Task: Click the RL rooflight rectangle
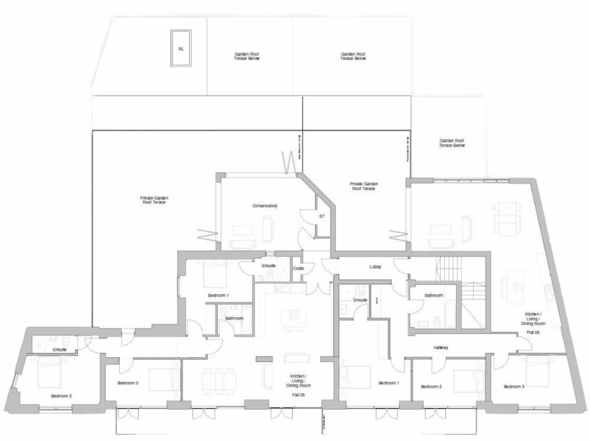[x=181, y=49]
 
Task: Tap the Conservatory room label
[x=265, y=205]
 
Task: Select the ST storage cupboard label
[x=322, y=216]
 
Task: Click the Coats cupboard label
[x=298, y=268]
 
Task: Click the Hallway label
[x=441, y=348]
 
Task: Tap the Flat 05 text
[x=298, y=395]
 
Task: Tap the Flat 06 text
[x=532, y=332]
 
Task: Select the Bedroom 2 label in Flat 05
[x=61, y=395]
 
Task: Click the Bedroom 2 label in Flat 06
[x=431, y=386]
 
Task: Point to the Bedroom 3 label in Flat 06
[x=513, y=386]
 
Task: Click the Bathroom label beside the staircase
[x=434, y=295]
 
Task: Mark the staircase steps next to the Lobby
[x=449, y=267]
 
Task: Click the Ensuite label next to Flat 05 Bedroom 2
[x=60, y=349]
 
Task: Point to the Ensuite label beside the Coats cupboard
[x=268, y=266]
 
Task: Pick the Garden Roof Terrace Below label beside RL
[x=247, y=56]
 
